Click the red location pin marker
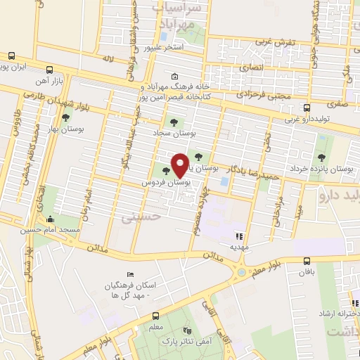point(181,165)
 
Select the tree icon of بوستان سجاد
point(174,121)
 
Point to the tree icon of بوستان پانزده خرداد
point(322,157)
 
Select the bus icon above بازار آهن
point(49,70)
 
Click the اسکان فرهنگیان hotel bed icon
point(128,274)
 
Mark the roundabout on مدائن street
point(243,271)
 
